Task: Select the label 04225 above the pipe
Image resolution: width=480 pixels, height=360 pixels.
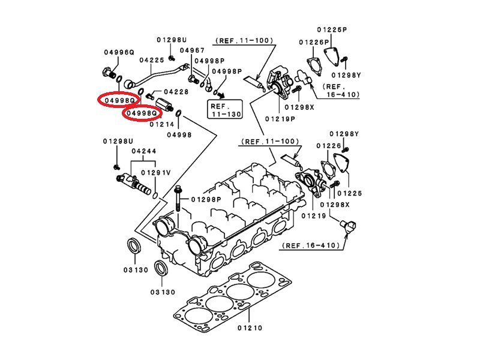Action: (151, 61)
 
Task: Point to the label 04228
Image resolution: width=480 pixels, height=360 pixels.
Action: (176, 91)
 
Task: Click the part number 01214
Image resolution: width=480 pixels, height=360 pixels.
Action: (162, 124)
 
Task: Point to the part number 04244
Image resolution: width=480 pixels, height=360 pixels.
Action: (143, 151)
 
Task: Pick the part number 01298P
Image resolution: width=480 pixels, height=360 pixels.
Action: (206, 199)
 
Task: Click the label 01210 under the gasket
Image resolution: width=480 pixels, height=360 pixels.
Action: (251, 328)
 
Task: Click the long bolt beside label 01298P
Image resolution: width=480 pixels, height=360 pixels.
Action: (179, 199)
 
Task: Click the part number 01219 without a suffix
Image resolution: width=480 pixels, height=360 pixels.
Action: (313, 215)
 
